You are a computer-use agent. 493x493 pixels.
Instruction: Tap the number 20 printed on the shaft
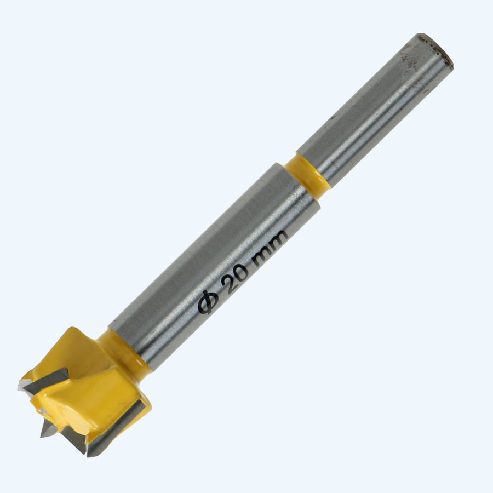click(236, 275)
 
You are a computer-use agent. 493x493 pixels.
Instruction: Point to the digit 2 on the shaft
click(228, 282)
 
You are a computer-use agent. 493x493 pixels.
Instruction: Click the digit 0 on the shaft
click(243, 269)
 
